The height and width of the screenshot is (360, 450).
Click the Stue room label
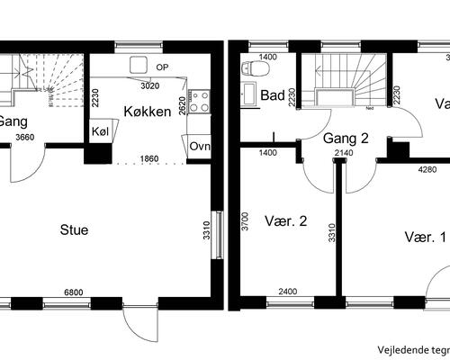74,229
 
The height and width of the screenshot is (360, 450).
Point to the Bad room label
272,94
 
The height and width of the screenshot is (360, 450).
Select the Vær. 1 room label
426,238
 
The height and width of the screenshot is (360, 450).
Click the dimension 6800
74,292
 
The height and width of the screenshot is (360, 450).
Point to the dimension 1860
150,159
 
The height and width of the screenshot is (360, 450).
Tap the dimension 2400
287,292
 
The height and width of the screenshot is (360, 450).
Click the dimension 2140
343,155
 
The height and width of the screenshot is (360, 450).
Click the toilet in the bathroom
255,68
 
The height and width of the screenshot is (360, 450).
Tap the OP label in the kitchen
162,67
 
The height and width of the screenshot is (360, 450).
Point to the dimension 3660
26,138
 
